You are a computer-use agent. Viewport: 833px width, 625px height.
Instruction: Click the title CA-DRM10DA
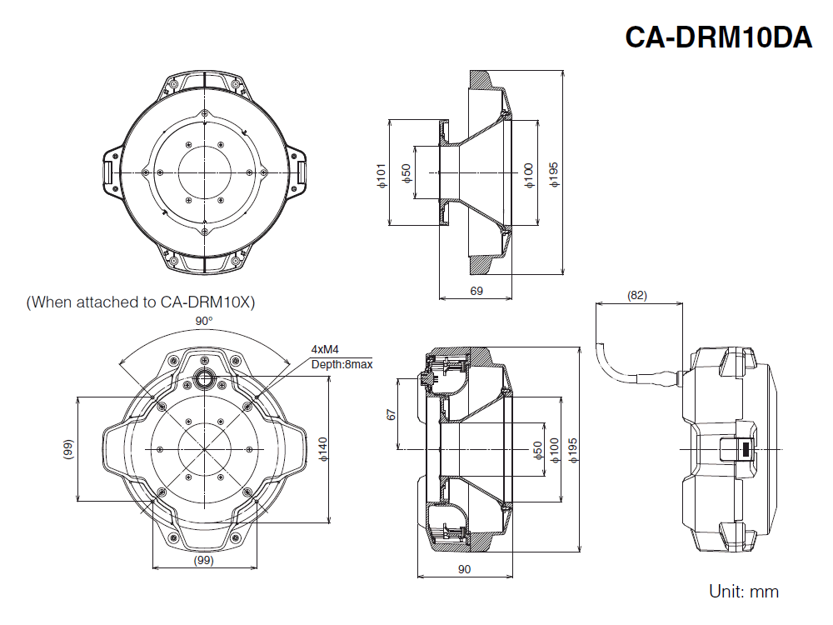tap(718, 37)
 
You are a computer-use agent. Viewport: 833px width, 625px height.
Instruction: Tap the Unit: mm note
tap(744, 592)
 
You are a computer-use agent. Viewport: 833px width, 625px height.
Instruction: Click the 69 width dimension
tap(476, 291)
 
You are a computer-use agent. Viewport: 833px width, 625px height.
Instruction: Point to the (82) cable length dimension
tap(637, 295)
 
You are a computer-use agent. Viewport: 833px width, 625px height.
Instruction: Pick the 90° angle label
tap(204, 321)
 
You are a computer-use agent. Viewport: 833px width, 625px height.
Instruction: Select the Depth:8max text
tap(342, 364)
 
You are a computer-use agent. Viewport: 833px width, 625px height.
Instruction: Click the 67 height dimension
tap(392, 414)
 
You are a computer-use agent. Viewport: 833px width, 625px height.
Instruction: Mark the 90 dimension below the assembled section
tap(465, 569)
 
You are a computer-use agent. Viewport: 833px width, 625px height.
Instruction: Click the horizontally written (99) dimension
tap(204, 561)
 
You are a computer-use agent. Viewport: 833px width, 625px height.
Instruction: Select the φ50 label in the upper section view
tap(407, 173)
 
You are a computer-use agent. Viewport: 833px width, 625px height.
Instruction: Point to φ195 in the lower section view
tap(572, 449)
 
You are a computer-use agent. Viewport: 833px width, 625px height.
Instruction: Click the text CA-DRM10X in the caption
tap(206, 302)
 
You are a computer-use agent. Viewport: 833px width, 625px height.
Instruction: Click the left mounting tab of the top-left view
tap(109, 170)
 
